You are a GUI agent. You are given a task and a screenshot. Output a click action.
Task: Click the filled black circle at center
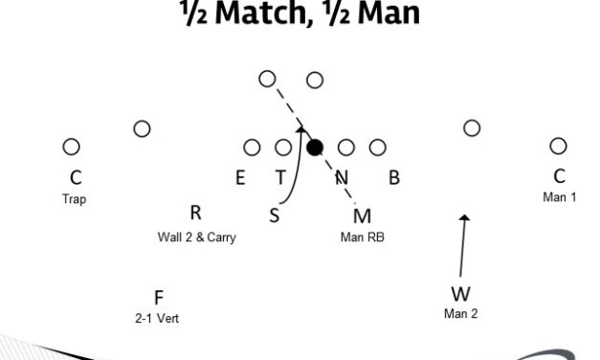point(314,146)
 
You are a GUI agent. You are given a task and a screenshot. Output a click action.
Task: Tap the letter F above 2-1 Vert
point(159,298)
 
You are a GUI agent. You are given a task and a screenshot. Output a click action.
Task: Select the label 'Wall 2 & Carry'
point(196,237)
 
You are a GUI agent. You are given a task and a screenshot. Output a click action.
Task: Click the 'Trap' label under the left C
point(74,200)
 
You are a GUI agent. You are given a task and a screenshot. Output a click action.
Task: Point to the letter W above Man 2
point(460,294)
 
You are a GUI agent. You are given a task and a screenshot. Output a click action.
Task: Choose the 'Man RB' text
point(361,236)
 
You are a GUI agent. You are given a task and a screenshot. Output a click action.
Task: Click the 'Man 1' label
point(560,197)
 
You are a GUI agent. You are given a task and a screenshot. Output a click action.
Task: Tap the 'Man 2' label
point(460,313)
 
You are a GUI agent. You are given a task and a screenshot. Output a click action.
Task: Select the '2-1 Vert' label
point(159,317)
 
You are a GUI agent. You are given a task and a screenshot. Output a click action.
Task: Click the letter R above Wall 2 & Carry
point(195,214)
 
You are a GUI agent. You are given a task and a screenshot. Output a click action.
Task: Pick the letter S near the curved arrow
point(275,215)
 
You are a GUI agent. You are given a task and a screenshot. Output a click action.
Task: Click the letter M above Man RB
point(362,215)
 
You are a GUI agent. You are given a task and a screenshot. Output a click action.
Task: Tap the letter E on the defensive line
point(240,177)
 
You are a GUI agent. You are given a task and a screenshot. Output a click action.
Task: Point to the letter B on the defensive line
point(393,177)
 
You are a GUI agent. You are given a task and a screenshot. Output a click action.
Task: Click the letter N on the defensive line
point(341,177)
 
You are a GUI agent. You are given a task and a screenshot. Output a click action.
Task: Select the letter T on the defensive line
point(280,177)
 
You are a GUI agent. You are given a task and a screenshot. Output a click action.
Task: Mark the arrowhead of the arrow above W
point(465,218)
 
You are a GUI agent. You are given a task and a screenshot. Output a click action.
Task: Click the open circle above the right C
point(558,146)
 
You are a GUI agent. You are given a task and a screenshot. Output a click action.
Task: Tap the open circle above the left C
point(71,146)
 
